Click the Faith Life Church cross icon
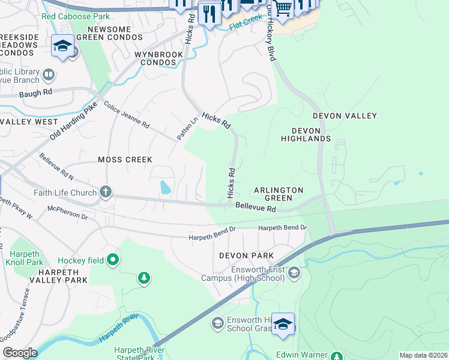[106, 193]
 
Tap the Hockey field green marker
[112, 260]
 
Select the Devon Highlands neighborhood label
[306, 134]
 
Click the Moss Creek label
[125, 160]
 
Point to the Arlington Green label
[278, 194]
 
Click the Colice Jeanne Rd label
[126, 115]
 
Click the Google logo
[20, 353]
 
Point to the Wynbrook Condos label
[158, 58]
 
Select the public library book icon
[49, 75]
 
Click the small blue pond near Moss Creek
[164, 188]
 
